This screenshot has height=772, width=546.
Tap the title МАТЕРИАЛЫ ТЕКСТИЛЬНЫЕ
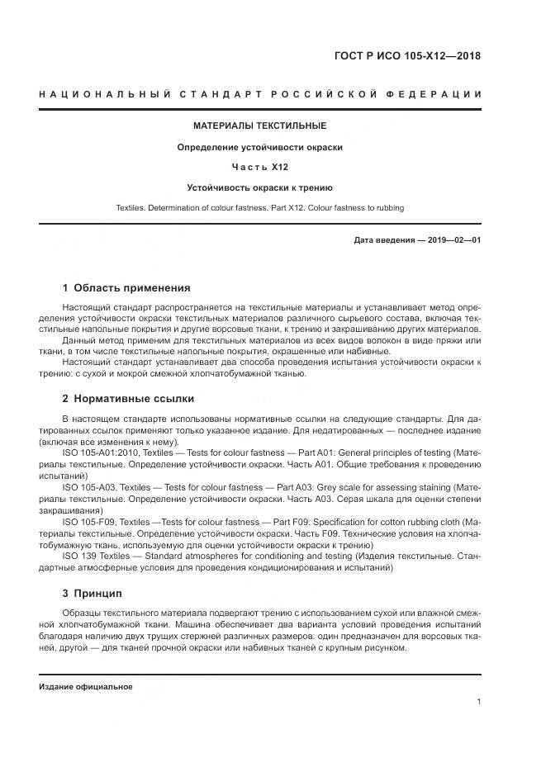pyautogui.click(x=259, y=126)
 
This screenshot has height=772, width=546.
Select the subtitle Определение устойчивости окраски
pyautogui.click(x=259, y=147)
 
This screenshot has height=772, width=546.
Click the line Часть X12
pyautogui.click(x=259, y=168)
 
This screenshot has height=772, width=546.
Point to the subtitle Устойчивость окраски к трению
pyautogui.click(x=259, y=187)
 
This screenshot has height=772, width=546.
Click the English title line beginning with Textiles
pyautogui.click(x=259, y=207)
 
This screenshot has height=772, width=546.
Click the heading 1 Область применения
pyautogui.click(x=126, y=288)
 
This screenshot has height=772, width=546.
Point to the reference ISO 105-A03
pyautogui.click(x=88, y=487)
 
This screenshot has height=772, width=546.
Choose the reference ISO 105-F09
pyautogui.click(x=88, y=522)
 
